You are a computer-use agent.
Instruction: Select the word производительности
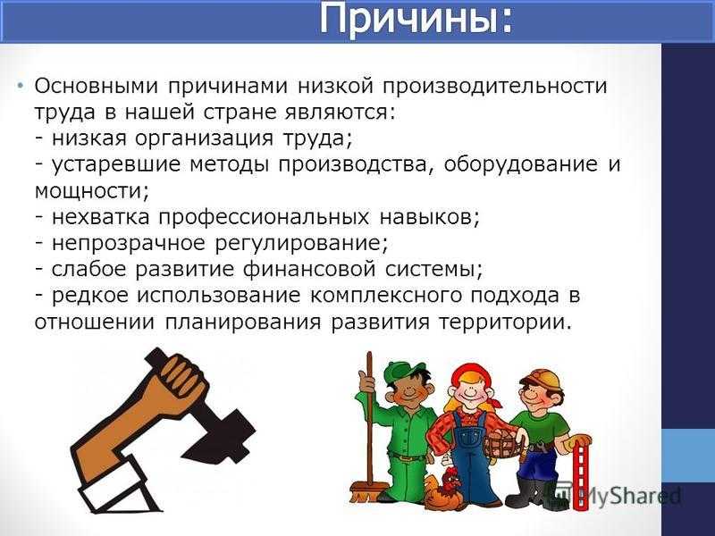click(495, 87)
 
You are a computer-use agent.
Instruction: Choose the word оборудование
click(520, 165)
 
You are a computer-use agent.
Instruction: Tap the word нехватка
click(100, 217)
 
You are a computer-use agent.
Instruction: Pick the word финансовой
click(309, 270)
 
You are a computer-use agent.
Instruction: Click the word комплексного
click(386, 297)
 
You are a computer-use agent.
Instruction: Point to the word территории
click(505, 322)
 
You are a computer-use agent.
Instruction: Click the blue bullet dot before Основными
click(21, 86)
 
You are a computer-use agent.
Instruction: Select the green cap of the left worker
click(404, 372)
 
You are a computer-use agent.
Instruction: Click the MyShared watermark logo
click(620, 495)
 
